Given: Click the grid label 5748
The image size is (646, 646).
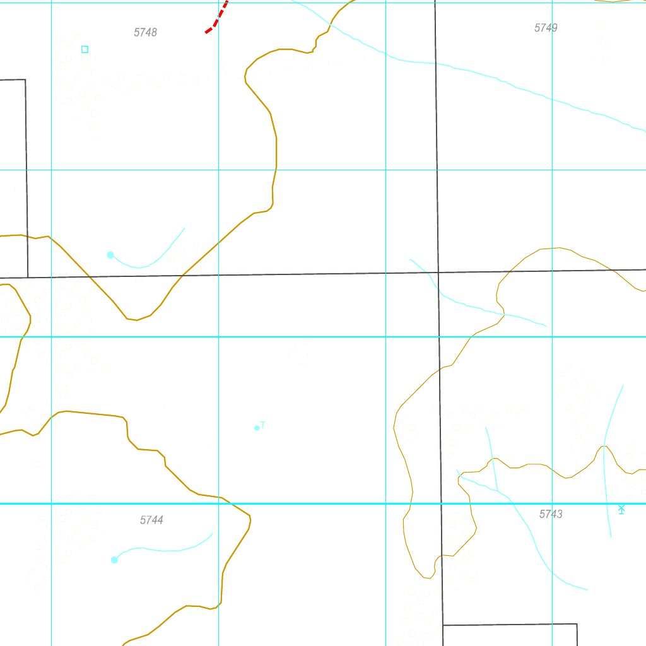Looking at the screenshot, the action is coord(145,32).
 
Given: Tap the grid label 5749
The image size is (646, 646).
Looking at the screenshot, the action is coord(546,28).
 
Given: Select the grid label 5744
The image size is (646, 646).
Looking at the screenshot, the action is coord(151,520).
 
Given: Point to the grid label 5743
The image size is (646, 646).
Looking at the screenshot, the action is coord(551,514).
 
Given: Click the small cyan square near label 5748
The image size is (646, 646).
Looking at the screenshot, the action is coord(85,49).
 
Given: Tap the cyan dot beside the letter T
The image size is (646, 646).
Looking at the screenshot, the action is coord(257,428).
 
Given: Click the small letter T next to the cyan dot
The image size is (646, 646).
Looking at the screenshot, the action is coord(263,425).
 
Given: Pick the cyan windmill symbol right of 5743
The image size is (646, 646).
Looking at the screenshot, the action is coord(621,509).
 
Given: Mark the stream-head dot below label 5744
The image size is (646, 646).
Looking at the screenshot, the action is coord(114,560).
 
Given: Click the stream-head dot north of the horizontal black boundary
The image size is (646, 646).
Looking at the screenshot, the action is coord(110,255).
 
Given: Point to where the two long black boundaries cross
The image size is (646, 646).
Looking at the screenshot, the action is coord(438,273).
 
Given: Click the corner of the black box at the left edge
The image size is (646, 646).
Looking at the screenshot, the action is coord(25,80).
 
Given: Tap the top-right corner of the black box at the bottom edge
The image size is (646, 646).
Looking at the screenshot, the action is coord(577,624).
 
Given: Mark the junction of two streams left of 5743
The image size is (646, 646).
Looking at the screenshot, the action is coord(496,490).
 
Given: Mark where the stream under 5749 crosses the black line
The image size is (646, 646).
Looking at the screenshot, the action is coord(435,63).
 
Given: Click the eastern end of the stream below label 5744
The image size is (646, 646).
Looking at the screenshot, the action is coord(212,534).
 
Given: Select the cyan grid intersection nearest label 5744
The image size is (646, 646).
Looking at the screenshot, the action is coord(218,503).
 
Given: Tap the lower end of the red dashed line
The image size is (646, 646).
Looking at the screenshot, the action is coord(206,32).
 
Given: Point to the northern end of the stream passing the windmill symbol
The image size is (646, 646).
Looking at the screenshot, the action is coord(623,385).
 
